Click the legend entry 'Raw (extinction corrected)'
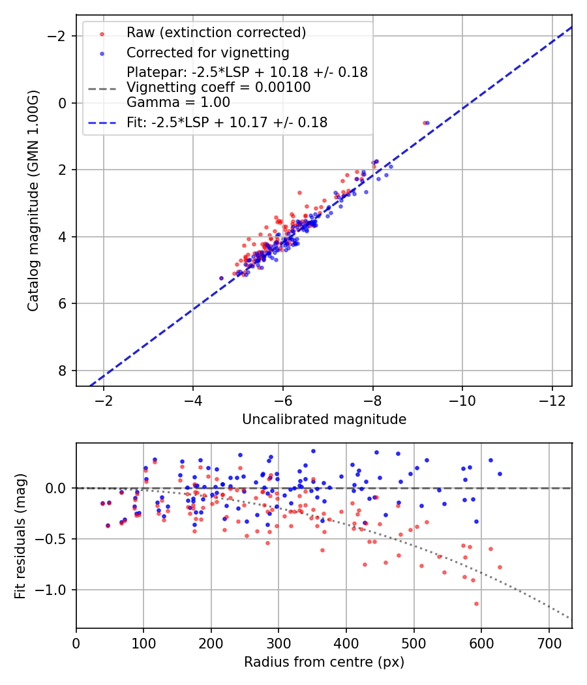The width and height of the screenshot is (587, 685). click(216, 32)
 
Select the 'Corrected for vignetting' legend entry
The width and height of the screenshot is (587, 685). click(208, 52)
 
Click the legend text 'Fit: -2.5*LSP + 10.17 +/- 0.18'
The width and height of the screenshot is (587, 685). click(227, 122)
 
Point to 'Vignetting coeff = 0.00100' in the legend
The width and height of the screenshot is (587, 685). click(218, 87)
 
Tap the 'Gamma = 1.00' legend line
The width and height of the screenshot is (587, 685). click(178, 102)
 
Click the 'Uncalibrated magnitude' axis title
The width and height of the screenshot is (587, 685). click(324, 419)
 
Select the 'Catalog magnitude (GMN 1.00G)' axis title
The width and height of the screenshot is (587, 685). click(33, 202)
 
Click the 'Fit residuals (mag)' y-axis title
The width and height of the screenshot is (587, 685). click(20, 535)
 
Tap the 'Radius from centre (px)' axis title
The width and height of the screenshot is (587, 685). click(324, 662)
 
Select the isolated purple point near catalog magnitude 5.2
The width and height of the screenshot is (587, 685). click(221, 278)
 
